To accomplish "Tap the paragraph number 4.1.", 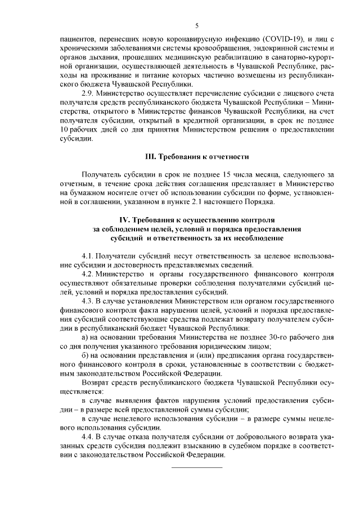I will click(88, 256).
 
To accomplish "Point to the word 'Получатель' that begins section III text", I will click(101, 176).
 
